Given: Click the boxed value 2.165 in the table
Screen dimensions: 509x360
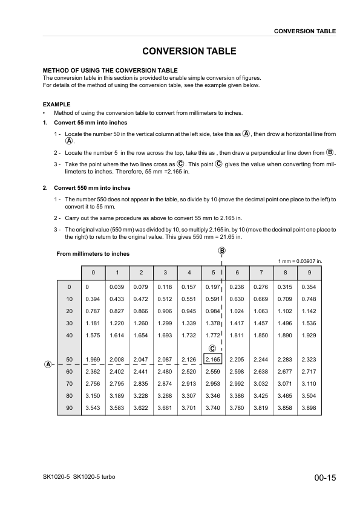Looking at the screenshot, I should (x=213, y=360).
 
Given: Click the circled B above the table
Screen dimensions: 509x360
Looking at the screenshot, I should (x=222, y=250).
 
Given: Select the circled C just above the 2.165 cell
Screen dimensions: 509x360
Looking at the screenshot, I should (x=213, y=348).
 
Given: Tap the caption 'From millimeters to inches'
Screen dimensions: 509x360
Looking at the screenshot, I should (x=93, y=254).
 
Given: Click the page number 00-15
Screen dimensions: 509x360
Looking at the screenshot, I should (x=325, y=478).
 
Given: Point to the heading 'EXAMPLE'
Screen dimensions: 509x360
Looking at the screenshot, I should (x=56, y=105).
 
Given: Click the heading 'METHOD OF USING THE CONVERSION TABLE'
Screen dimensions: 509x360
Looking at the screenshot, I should (x=110, y=71).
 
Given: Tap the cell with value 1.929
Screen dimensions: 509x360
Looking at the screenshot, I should (x=309, y=334).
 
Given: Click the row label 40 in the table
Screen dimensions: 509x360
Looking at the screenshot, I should (x=69, y=334).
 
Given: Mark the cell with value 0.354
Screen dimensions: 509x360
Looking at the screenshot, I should (x=309, y=287).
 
